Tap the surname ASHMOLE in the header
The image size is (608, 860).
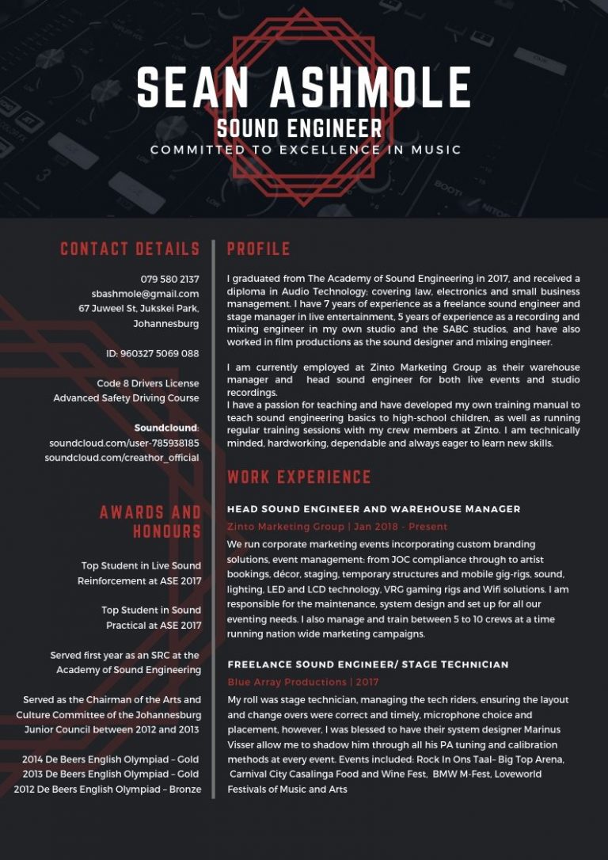[x=370, y=87]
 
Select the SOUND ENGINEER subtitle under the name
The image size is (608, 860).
[x=299, y=128]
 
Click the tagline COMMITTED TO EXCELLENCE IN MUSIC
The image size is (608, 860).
[x=306, y=150]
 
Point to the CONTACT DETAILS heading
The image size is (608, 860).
[x=130, y=249]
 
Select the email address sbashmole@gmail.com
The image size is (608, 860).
[x=145, y=294]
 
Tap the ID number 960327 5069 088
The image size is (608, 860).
[x=152, y=353]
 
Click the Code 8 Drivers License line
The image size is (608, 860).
[x=148, y=383]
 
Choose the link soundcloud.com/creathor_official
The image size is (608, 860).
[x=122, y=458]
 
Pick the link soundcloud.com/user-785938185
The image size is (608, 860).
[x=124, y=443]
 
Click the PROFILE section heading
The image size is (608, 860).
[x=258, y=249]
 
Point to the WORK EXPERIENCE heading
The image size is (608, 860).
[x=299, y=477]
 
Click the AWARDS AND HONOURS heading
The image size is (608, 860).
[x=150, y=521]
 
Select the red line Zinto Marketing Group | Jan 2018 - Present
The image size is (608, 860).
[x=337, y=527]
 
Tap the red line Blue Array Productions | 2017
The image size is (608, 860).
[x=303, y=682]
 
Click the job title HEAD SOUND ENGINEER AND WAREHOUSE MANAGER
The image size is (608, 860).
[x=374, y=509]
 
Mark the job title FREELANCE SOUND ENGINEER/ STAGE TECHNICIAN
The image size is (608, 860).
[x=368, y=664]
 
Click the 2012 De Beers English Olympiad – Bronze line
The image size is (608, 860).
[x=108, y=789]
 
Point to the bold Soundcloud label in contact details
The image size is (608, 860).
[x=166, y=428]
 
